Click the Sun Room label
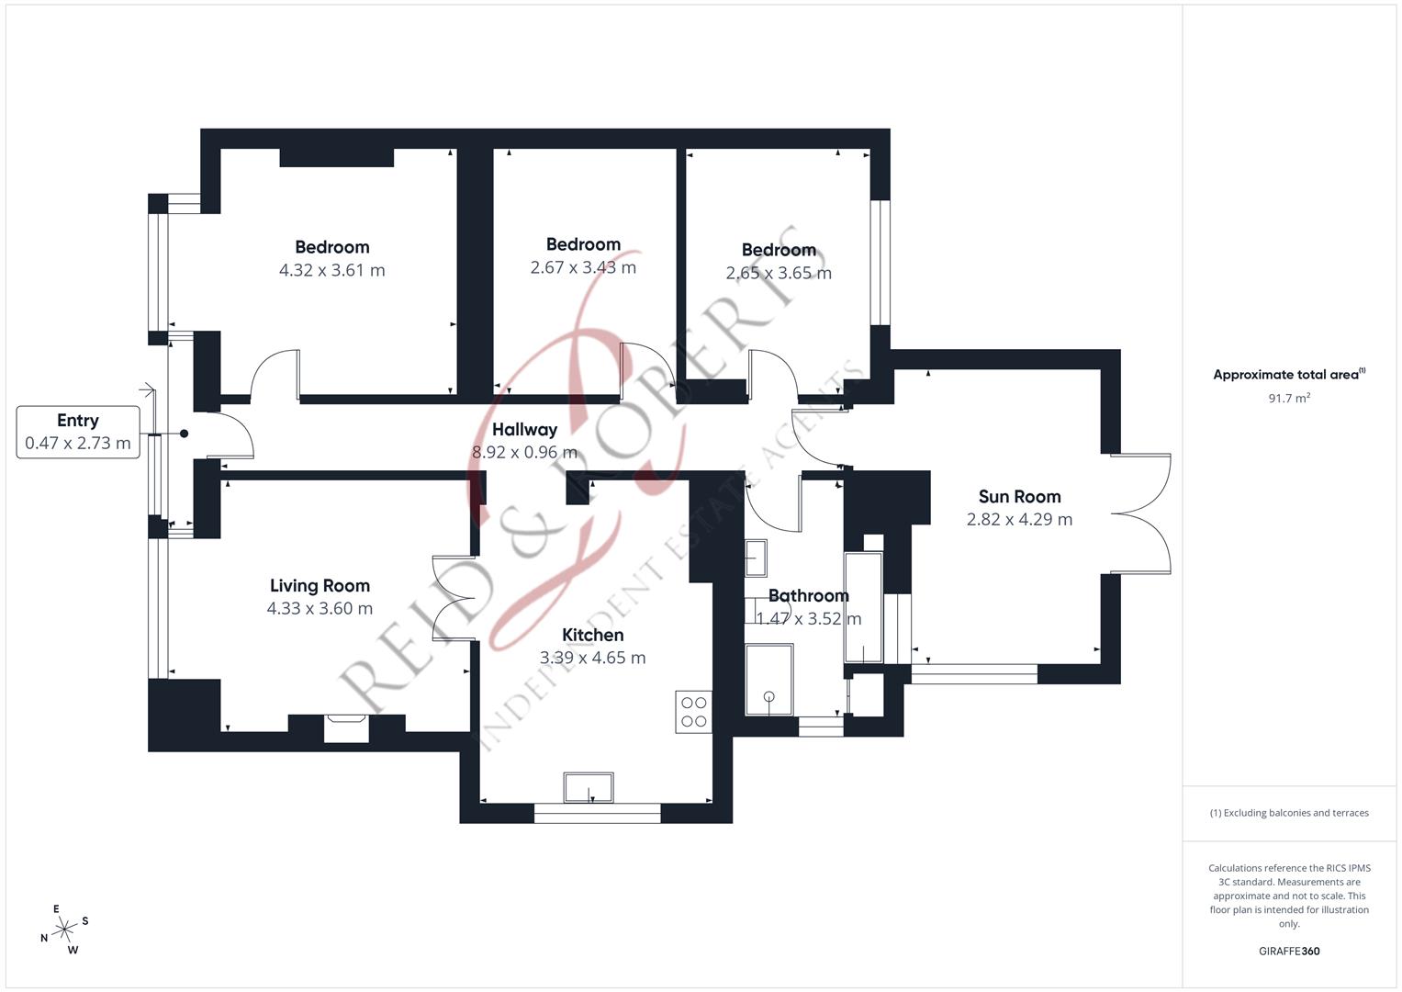pyautogui.click(x=1019, y=497)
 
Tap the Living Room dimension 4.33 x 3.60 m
pyautogui.click(x=320, y=609)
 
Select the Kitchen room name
pyautogui.click(x=592, y=635)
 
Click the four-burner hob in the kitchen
pyautogui.click(x=693, y=711)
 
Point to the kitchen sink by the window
pyautogui.click(x=589, y=787)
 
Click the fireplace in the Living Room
pyautogui.click(x=346, y=727)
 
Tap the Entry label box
pyautogui.click(x=78, y=432)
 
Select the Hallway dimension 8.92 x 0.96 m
pyautogui.click(x=524, y=453)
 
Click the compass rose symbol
pyautogui.click(x=64, y=930)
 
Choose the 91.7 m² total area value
pyautogui.click(x=1288, y=399)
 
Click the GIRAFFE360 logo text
pyautogui.click(x=1288, y=952)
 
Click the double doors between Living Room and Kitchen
pyautogui.click(x=454, y=598)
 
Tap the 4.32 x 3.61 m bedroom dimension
pyautogui.click(x=331, y=271)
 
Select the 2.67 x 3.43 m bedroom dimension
pyautogui.click(x=583, y=268)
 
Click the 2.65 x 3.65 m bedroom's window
pyautogui.click(x=880, y=263)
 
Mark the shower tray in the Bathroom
pyautogui.click(x=768, y=680)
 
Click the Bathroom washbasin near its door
pyautogui.click(x=757, y=556)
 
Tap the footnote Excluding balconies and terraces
pyautogui.click(x=1288, y=813)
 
